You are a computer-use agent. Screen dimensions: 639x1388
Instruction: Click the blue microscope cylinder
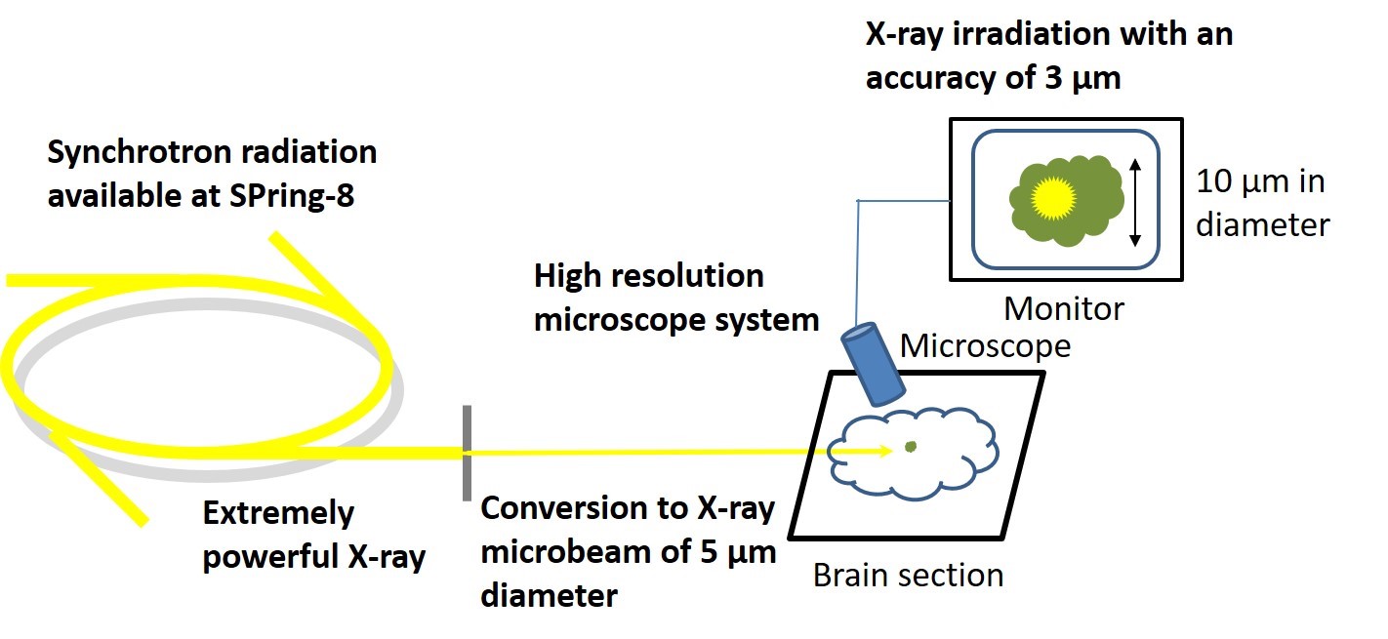(x=874, y=366)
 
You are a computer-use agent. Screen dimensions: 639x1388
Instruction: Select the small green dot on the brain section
(x=910, y=447)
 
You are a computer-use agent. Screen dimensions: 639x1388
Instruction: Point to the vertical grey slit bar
(x=468, y=453)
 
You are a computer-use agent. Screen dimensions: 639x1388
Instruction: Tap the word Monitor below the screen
(x=1064, y=309)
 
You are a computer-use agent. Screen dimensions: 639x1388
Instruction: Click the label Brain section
(x=908, y=575)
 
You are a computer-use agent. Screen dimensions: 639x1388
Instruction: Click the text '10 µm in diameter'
(x=1261, y=203)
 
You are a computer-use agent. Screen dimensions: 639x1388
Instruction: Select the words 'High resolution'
(x=648, y=276)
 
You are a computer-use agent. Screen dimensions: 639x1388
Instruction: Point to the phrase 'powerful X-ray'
(x=313, y=557)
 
